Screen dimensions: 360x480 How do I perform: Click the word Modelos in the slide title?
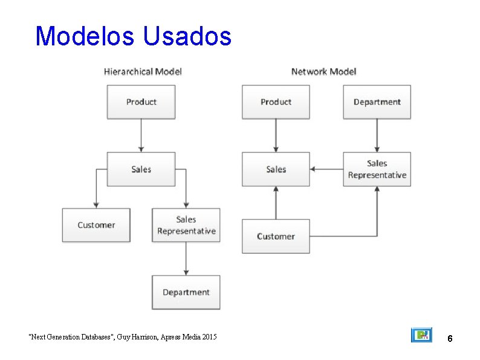click(x=85, y=36)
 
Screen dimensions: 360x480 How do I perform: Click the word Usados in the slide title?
click(x=187, y=36)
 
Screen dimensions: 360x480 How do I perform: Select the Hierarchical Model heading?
click(x=143, y=71)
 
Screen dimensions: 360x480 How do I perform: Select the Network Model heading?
click(x=323, y=71)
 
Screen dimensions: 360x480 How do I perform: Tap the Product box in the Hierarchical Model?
click(x=141, y=102)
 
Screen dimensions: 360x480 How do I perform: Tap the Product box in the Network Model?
click(x=276, y=102)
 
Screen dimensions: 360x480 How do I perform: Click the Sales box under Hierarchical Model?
click(x=141, y=169)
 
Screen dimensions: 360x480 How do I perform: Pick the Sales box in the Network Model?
click(x=276, y=169)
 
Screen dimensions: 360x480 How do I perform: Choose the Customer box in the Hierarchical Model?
click(x=96, y=225)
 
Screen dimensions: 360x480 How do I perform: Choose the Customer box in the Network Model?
click(x=276, y=236)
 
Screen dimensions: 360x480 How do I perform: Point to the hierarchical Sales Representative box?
click(x=186, y=225)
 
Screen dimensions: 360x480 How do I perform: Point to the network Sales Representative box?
click(x=377, y=169)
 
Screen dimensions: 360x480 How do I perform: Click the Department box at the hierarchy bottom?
click(x=186, y=292)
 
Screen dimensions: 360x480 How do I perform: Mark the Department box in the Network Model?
click(x=377, y=102)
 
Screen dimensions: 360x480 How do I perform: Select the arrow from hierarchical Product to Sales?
click(x=141, y=135)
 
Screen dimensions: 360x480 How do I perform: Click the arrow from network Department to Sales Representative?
click(x=377, y=135)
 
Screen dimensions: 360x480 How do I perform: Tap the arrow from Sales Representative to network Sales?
click(x=326, y=169)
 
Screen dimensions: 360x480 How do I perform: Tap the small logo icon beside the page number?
click(x=421, y=335)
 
